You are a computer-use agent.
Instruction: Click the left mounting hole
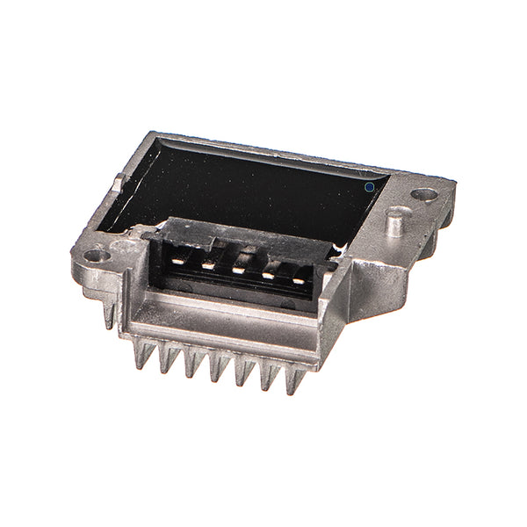pos(97,256)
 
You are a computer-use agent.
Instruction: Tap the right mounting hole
pos(426,193)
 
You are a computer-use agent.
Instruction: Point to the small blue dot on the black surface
pos(370,186)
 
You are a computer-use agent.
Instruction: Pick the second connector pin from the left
pos(208,263)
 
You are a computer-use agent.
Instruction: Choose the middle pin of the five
pos(238,269)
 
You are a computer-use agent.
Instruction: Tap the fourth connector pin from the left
pos(268,274)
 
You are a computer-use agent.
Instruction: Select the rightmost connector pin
pos(298,279)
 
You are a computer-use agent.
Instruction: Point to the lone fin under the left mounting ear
pos(110,314)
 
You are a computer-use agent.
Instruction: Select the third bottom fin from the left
pos(191,363)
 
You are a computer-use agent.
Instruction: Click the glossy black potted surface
pos(255,189)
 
